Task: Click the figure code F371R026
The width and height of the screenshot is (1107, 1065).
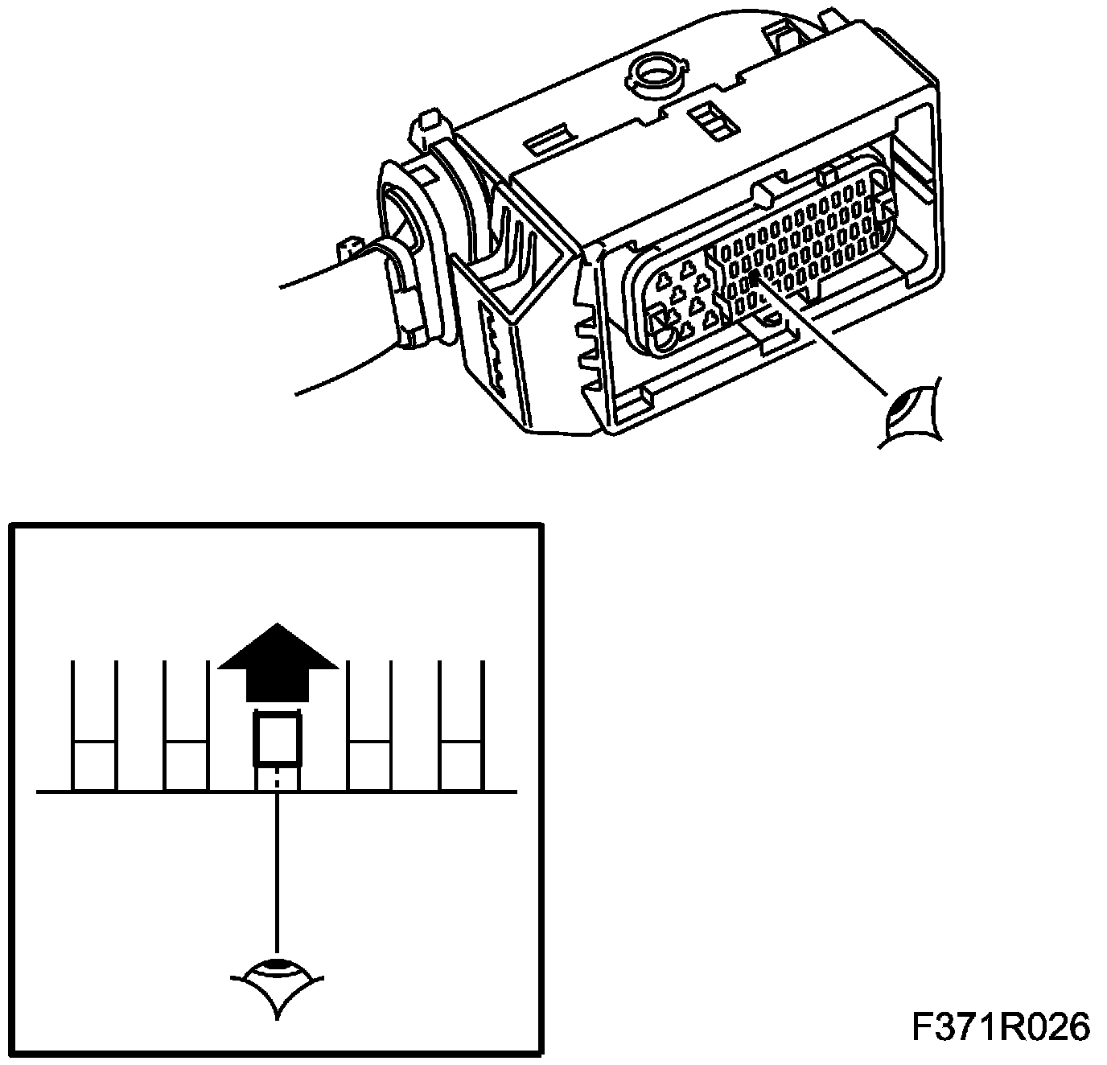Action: click(1001, 1027)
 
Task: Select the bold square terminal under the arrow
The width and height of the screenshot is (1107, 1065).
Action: click(278, 739)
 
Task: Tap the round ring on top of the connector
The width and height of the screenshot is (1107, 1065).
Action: click(656, 73)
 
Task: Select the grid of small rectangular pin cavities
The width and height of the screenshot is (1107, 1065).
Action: click(805, 241)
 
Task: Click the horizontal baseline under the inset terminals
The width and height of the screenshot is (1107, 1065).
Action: click(277, 792)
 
